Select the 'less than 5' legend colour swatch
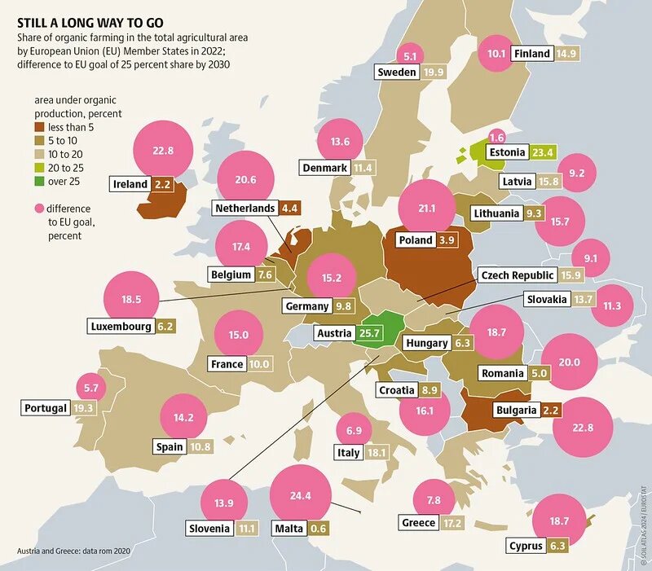[x=39, y=127]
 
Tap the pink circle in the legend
[x=39, y=209]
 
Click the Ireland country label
[x=130, y=184]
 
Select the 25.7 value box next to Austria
[x=371, y=333]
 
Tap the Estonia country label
[x=506, y=152]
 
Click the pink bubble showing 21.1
[x=427, y=209]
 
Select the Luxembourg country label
[x=121, y=327]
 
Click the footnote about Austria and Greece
[x=73, y=551]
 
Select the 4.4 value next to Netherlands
[x=289, y=209]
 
